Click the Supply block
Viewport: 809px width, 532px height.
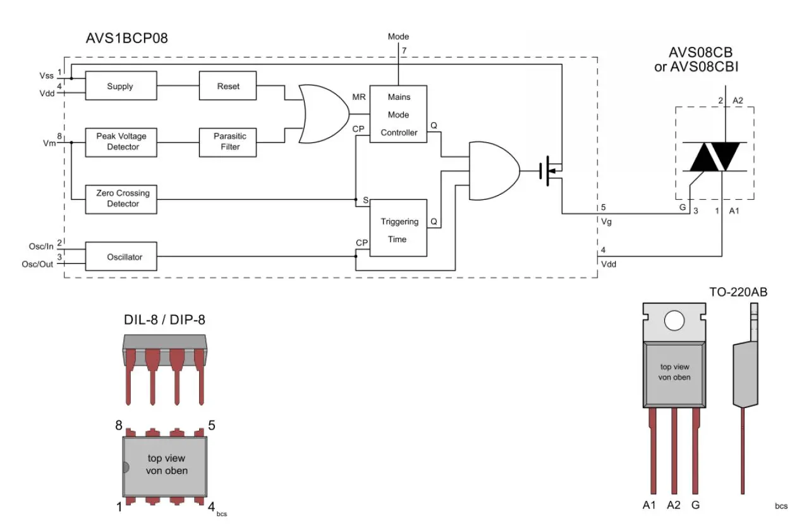120,86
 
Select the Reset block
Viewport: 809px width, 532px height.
228,86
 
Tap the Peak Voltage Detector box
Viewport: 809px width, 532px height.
120,142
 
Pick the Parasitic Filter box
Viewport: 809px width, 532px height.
228,142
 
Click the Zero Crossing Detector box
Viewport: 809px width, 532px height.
120,199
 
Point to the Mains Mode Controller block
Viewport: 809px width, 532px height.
399,114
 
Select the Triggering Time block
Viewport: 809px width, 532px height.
399,230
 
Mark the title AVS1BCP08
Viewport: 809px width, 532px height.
127,39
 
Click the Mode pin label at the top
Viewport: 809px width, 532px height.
398,37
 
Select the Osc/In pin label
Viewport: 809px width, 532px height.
42,247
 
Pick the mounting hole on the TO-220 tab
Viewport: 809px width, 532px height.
674,321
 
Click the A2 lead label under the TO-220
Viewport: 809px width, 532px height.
674,505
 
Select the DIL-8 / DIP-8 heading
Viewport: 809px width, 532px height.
164,321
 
